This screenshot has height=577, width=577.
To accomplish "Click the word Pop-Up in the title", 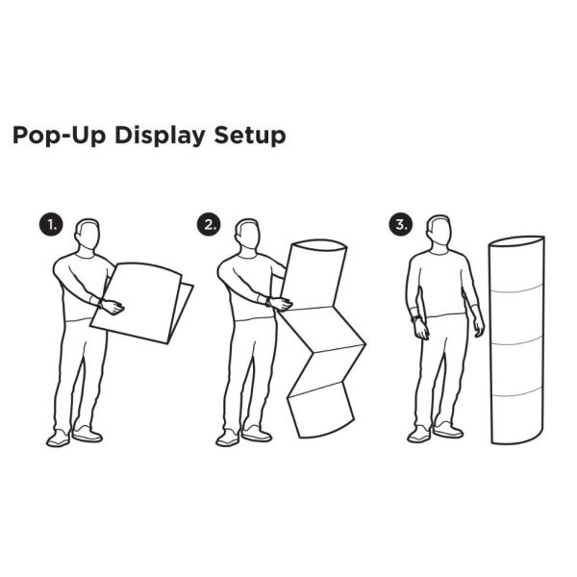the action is click(x=60, y=136).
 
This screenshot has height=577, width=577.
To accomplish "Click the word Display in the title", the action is click(x=160, y=137).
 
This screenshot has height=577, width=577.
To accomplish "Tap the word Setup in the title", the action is click(x=250, y=137).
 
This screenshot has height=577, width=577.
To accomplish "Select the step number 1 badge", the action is click(x=51, y=224).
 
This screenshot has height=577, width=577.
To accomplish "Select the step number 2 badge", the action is click(x=209, y=224).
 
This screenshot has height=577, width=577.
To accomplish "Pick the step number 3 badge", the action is click(x=401, y=224).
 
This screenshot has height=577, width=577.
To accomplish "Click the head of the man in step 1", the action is click(x=88, y=235).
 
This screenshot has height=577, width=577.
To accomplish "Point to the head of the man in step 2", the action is click(x=248, y=235).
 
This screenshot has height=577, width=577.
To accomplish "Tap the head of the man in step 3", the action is click(x=439, y=231).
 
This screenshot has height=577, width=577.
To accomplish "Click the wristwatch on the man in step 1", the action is click(x=100, y=304).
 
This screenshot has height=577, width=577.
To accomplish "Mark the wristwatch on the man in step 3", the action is click(x=415, y=318).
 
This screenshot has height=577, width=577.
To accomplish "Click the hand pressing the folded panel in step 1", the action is click(x=113, y=308).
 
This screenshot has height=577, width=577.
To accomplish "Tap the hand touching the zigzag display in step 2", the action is click(x=282, y=304).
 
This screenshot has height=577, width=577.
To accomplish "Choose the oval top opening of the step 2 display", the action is click(x=319, y=245).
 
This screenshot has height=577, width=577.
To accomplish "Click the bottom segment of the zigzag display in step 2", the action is click(x=321, y=410).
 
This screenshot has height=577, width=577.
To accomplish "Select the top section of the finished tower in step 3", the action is click(x=516, y=263).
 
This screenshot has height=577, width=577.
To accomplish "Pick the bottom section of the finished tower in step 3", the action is click(x=517, y=417).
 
